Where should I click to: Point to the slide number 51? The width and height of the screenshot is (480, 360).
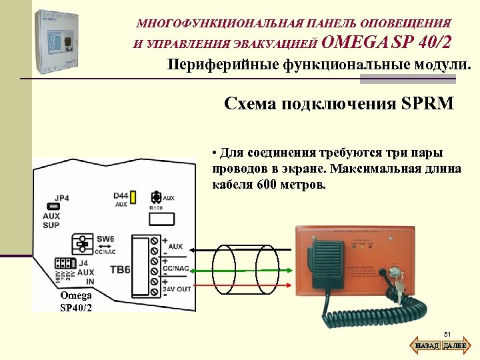pos(447,335)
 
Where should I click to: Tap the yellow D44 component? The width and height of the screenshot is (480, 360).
pos(133,197)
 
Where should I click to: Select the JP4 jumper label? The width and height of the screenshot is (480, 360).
pos(61,198)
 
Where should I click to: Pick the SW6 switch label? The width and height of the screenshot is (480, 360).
pos(106,238)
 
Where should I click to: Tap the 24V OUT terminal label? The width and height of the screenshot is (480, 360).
pos(176,289)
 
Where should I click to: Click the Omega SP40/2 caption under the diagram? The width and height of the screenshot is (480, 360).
pos(75,301)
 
